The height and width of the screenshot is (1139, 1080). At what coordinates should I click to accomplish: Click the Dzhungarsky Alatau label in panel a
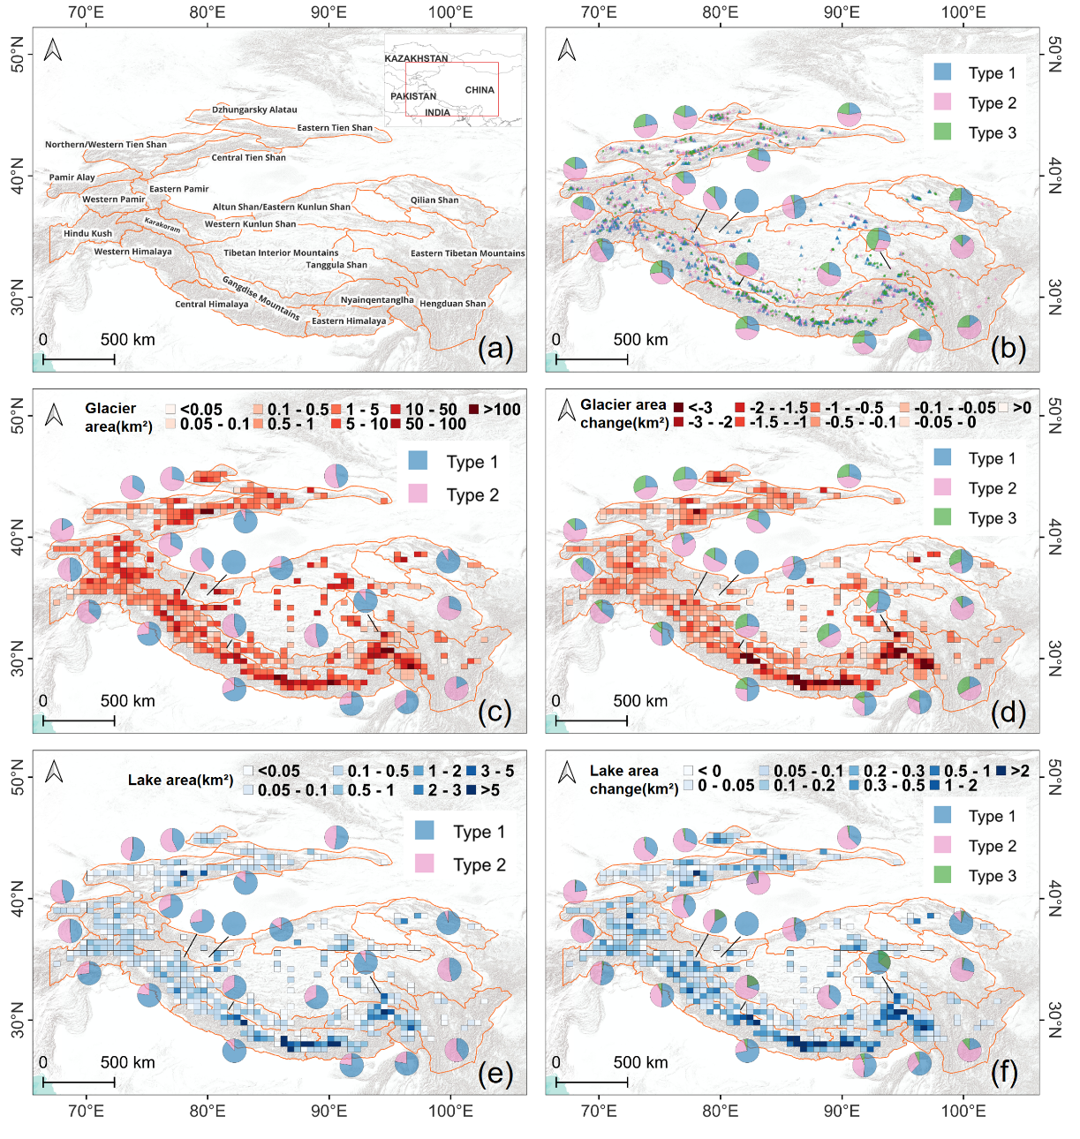254,109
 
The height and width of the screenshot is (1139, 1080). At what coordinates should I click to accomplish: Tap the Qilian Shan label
434,200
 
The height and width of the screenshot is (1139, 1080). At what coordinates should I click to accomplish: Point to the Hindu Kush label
88,234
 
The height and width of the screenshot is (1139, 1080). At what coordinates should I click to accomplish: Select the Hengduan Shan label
453,304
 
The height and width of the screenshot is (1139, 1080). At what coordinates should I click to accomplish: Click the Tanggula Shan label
336,265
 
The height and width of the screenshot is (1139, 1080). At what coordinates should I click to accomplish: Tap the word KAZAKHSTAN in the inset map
416,58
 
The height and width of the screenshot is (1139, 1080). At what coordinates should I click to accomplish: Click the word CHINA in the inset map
480,90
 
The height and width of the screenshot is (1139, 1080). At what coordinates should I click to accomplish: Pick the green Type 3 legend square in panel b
943,132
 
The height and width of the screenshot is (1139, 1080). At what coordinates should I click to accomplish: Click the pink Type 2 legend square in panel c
418,494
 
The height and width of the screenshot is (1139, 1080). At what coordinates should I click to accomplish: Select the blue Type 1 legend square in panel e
425,830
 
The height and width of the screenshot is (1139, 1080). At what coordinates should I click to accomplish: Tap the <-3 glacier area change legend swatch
678,408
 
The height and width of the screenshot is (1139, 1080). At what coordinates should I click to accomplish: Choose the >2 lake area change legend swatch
1001,771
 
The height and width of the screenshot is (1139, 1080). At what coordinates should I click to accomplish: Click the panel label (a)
495,349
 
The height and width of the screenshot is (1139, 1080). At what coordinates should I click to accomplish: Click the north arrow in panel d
567,411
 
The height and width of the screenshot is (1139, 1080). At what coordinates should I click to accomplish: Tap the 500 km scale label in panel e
127,1062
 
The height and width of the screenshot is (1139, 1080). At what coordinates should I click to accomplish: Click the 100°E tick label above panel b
963,12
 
